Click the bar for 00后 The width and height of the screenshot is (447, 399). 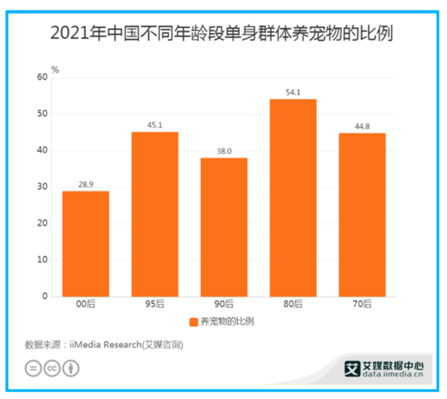point(85,243)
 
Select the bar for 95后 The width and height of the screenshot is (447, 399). point(154,214)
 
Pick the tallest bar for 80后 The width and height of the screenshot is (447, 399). point(293,198)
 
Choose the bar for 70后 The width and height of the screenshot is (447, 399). point(362,215)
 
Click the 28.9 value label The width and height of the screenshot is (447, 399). point(85,183)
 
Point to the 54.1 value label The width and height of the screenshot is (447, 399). point(293,91)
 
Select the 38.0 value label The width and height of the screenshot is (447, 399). point(224,150)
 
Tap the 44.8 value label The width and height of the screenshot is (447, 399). point(362,125)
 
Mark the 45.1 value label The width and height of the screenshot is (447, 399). point(154,124)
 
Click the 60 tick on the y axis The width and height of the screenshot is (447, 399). point(41,78)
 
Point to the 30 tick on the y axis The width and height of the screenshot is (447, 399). point(41,187)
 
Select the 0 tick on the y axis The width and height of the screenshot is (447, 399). point(44,296)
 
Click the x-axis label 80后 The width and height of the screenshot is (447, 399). point(293,304)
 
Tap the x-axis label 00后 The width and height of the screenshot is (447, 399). point(85,304)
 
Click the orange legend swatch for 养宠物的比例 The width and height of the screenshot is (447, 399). point(193,321)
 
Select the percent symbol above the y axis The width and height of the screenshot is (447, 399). point(55,69)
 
